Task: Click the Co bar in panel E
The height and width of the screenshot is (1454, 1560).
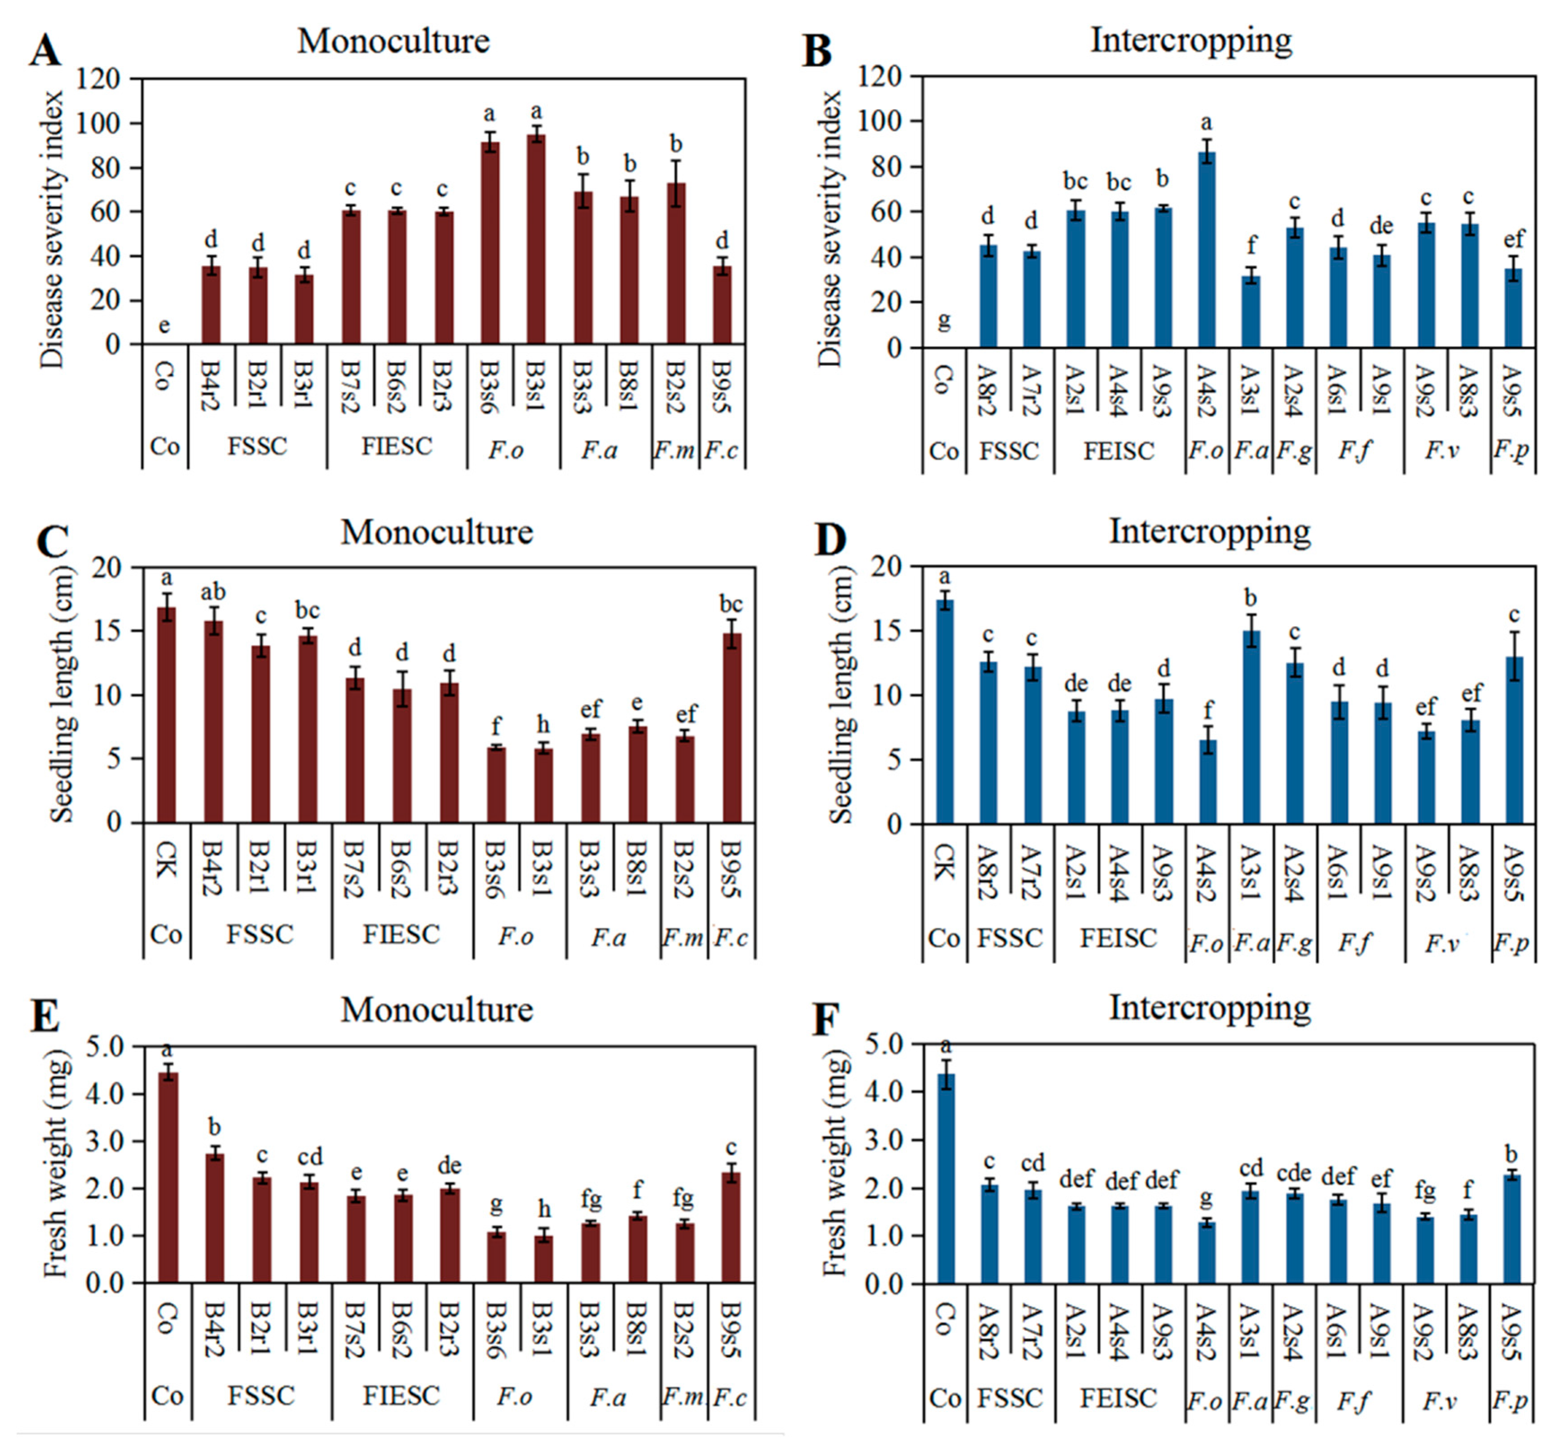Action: (x=168, y=1177)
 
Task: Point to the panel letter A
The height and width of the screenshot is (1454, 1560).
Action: (x=45, y=53)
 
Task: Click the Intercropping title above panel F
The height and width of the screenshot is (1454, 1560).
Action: (x=1209, y=1008)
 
